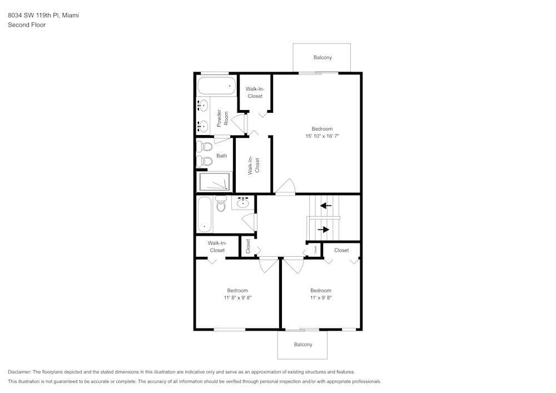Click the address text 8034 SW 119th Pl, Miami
tap(43, 16)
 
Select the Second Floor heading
tap(27, 25)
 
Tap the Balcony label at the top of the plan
tap(322, 58)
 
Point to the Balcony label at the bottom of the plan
tap(303, 345)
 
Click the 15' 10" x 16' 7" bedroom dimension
tap(322, 136)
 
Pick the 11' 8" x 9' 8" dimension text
tap(237, 298)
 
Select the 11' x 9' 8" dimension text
tap(320, 298)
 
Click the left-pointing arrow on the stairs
tap(326, 206)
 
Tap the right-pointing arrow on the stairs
tap(324, 229)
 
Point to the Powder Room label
tap(222, 118)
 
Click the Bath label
tap(222, 156)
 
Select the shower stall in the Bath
tap(214, 182)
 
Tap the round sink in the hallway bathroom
tap(243, 203)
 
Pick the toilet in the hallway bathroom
tap(221, 204)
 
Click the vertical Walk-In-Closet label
tap(254, 166)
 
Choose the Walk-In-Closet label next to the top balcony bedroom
tap(255, 93)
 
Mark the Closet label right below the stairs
tap(341, 250)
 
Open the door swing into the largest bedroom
tap(286, 187)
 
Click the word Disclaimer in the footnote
tap(19, 372)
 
